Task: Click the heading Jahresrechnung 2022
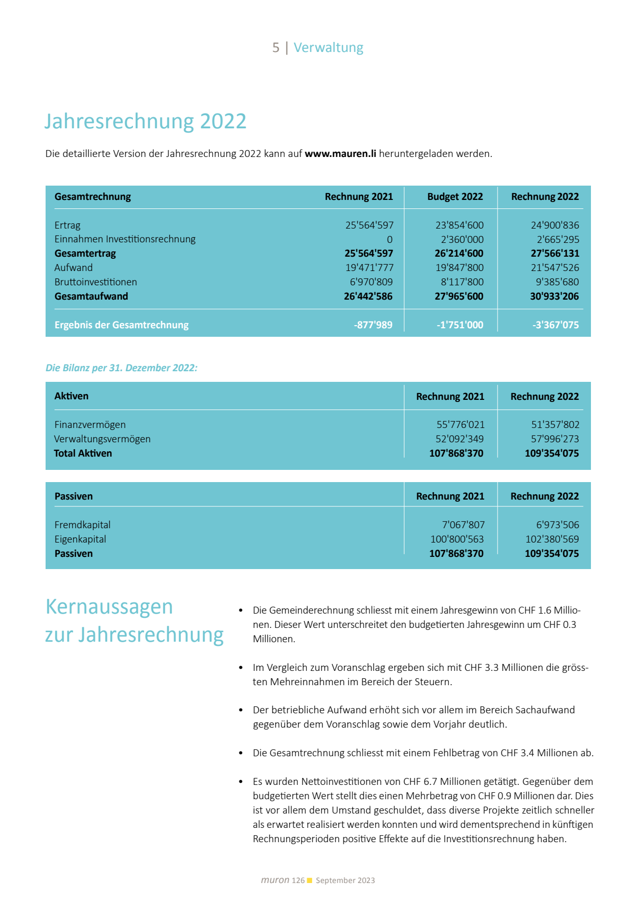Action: point(145,121)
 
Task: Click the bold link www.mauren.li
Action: point(340,154)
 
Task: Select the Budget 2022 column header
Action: point(455,197)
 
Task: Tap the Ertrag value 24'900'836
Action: point(555,225)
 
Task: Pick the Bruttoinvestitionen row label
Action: point(95,282)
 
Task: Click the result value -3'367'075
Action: point(555,325)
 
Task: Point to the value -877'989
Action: point(373,325)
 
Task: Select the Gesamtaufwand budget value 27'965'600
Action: point(459,296)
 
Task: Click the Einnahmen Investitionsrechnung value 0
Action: point(390,240)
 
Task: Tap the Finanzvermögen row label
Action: point(90,425)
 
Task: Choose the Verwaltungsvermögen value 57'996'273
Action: point(555,439)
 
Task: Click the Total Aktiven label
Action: point(83,453)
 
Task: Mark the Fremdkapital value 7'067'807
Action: point(463,525)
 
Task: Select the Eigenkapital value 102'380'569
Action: point(552,539)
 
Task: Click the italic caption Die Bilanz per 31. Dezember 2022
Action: point(121,368)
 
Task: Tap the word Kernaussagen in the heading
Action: point(109,607)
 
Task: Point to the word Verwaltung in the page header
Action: point(329,48)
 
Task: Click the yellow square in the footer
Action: point(310,880)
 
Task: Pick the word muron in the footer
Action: point(275,880)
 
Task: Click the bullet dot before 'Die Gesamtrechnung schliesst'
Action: point(241,754)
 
